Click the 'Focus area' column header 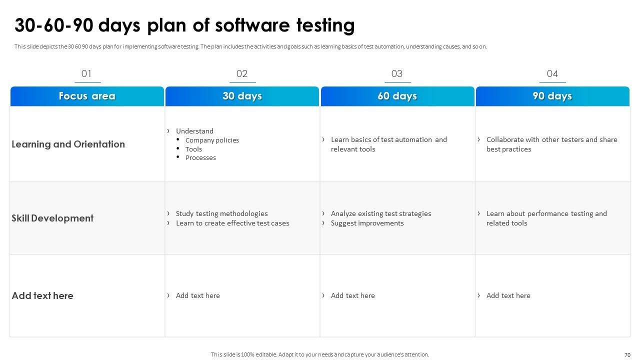tap(87, 96)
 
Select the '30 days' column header tap(242, 96)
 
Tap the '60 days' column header tap(397, 96)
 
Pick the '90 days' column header tap(552, 96)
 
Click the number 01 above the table tap(86, 74)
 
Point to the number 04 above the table tap(552, 74)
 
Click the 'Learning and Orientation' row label tap(68, 144)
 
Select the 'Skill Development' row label tap(52, 218)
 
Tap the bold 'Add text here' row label tap(42, 295)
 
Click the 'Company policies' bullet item tap(212, 140)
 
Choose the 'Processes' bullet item tap(200, 157)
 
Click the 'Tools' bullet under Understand tap(193, 149)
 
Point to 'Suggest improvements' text tap(367, 223)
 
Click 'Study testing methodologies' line tap(221, 213)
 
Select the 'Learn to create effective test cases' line tap(232, 223)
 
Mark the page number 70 tap(627, 355)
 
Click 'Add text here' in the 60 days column tap(352, 295)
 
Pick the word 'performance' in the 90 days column tap(547, 213)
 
